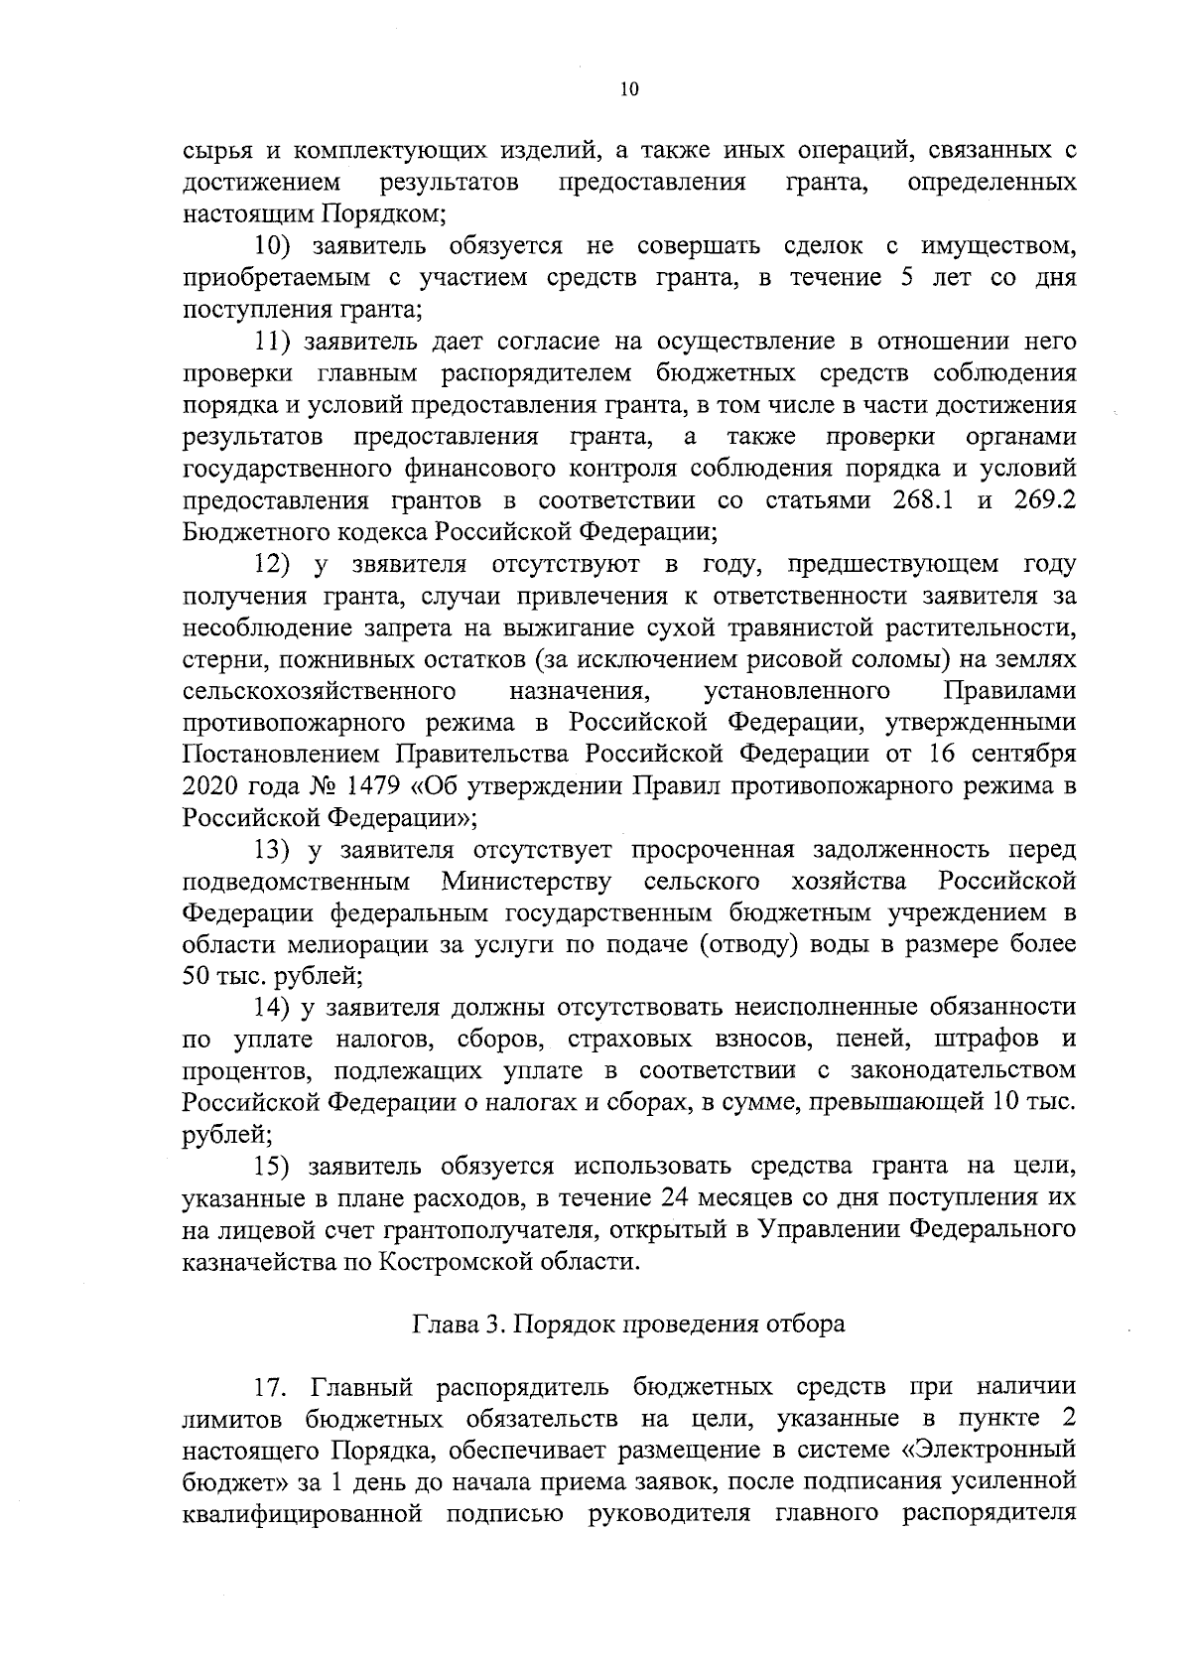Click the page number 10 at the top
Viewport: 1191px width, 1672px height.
point(628,89)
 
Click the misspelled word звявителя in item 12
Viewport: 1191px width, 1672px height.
point(408,564)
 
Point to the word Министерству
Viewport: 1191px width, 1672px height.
point(526,881)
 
